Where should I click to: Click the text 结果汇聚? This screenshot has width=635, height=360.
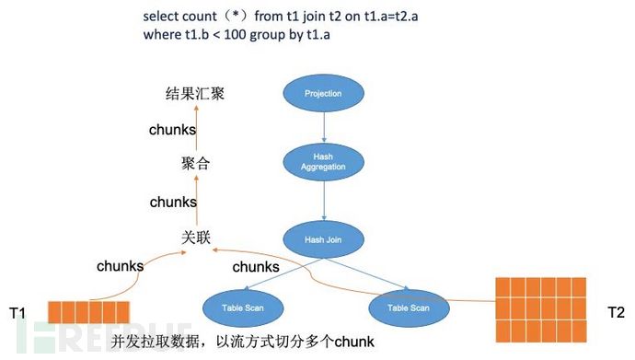pos(195,93)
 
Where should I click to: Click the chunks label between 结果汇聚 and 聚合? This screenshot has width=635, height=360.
pos(173,130)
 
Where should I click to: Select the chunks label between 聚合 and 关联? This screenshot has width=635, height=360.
pos(173,201)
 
